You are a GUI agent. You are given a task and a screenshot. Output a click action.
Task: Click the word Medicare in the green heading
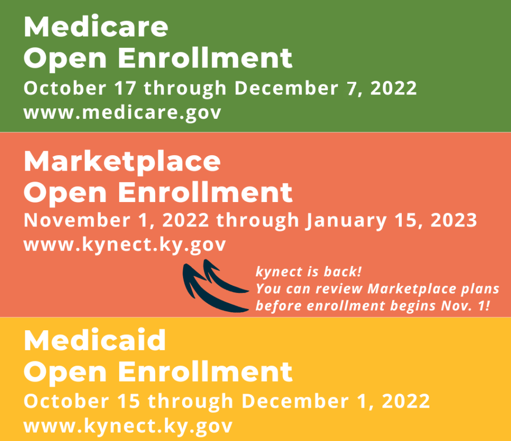(96, 26)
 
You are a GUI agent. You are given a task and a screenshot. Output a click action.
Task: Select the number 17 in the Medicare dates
(125, 88)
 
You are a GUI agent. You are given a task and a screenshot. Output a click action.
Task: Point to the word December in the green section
(286, 88)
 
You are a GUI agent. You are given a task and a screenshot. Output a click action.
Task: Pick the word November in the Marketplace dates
(77, 220)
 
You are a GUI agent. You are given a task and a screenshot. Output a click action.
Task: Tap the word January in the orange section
(346, 221)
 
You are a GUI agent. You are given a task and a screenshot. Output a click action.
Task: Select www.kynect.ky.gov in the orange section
(124, 245)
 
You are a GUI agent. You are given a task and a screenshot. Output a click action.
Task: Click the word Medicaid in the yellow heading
(95, 340)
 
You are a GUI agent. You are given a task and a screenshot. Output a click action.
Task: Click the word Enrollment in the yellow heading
(205, 372)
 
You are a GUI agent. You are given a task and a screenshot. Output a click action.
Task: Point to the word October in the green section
(65, 88)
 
